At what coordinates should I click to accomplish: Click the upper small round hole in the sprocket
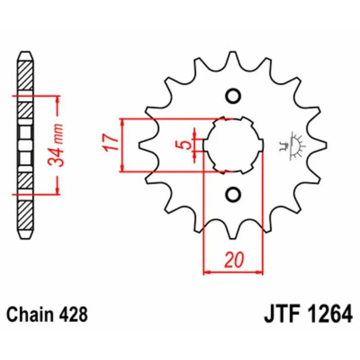233,96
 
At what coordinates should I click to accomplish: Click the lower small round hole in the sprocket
233,195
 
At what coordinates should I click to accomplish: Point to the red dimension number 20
234,260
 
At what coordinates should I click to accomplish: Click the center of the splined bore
233,145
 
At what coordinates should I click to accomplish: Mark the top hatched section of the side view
25,75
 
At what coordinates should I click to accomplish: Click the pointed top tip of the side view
25,52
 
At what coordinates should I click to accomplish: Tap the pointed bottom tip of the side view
25,239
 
